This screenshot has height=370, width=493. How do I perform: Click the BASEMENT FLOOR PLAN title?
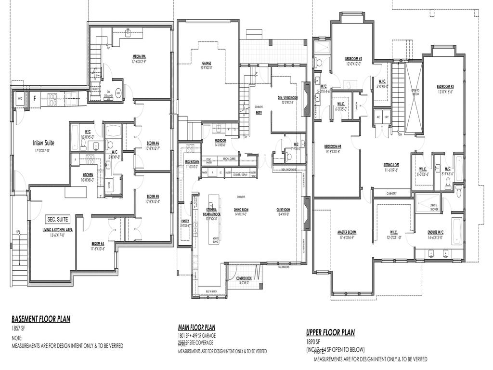41,318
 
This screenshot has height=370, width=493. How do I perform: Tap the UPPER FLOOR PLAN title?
330,332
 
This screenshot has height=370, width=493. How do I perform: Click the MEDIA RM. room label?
139,56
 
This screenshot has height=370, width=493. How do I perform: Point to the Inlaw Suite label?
44,143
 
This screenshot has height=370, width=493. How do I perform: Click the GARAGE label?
207,63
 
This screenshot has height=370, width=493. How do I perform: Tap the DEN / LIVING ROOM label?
288,97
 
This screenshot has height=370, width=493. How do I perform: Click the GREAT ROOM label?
283,210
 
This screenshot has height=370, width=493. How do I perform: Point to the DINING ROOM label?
241,210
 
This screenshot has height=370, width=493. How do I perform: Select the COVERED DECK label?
244,278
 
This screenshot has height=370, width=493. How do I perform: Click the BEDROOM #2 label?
353,59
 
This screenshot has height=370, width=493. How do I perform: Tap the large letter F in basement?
34,98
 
